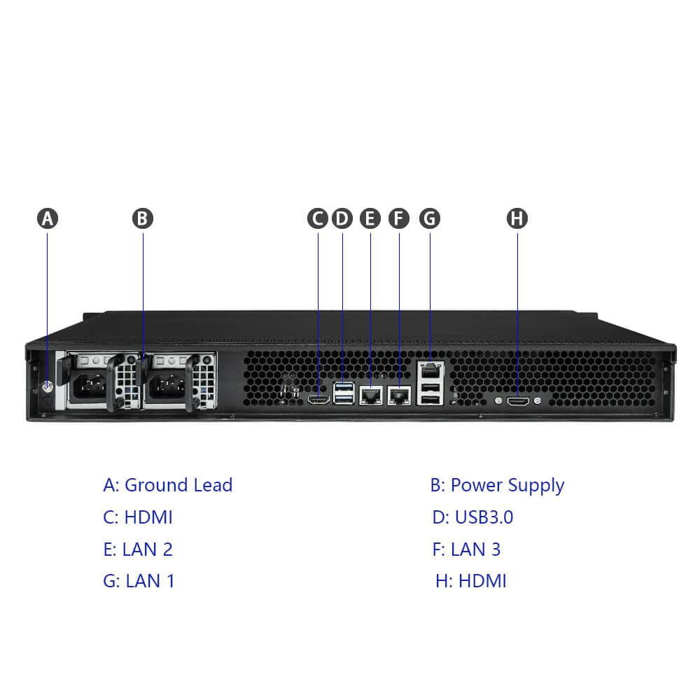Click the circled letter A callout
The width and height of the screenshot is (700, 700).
click(48, 218)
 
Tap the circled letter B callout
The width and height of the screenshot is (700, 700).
click(142, 218)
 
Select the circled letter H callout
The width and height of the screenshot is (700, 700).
click(517, 218)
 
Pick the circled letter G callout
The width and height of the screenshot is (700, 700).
click(429, 218)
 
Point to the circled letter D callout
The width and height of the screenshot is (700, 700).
click(342, 218)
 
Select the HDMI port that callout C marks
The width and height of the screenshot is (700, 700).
click(319, 400)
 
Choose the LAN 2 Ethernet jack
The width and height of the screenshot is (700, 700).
click(370, 397)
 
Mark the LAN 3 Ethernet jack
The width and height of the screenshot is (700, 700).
click(399, 397)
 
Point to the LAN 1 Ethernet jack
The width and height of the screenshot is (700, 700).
click(430, 369)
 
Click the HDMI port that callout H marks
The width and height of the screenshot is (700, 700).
click(518, 401)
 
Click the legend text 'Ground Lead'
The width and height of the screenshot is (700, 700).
click(178, 485)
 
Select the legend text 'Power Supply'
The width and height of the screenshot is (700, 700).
click(507, 485)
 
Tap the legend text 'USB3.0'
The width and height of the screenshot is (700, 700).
click(484, 517)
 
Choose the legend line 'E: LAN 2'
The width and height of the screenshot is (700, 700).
click(138, 549)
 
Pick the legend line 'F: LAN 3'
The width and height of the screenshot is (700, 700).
click(466, 549)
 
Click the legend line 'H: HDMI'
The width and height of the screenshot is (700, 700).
click(470, 581)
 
